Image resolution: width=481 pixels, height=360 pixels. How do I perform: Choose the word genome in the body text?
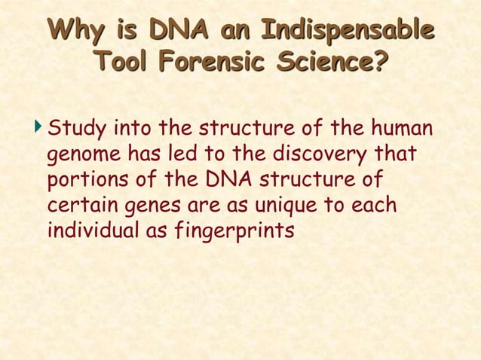point(81,155)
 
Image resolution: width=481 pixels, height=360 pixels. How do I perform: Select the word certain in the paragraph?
point(77,204)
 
